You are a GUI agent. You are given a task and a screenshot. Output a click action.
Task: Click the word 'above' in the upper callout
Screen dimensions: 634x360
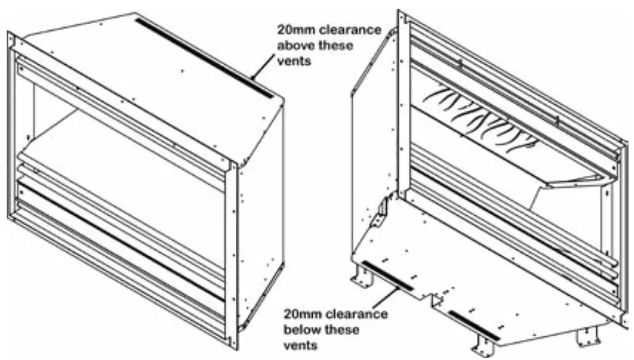click(293, 46)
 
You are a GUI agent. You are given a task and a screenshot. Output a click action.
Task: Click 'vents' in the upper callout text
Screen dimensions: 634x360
click(293, 62)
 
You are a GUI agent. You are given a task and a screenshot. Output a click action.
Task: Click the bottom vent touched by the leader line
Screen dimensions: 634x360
click(387, 276)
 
